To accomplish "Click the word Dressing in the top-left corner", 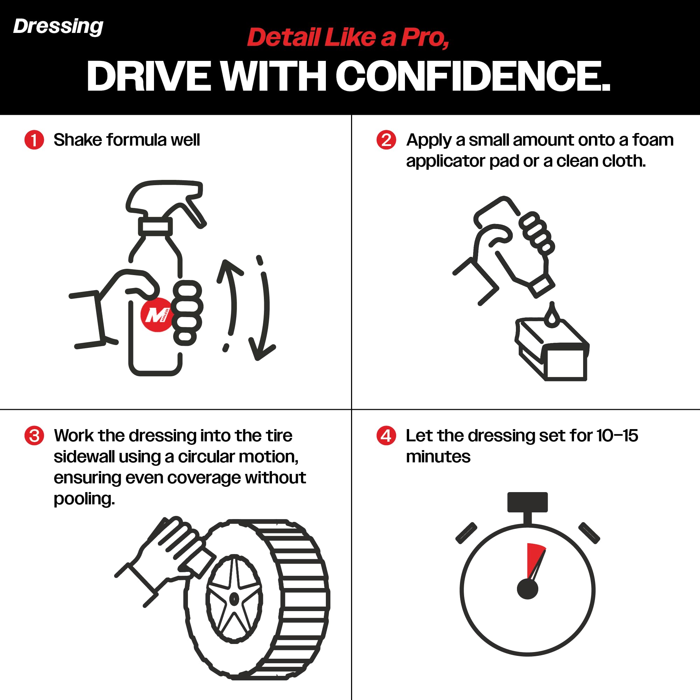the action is [58, 27].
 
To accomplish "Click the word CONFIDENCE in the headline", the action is [472, 76].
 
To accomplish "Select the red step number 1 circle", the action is [34, 140].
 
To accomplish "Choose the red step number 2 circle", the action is [386, 140].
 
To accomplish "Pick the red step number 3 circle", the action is [34, 435].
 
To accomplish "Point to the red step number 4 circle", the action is [386, 435].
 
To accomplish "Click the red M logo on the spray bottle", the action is [156, 315].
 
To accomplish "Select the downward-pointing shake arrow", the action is [264, 308].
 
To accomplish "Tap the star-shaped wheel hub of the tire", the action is [234, 598].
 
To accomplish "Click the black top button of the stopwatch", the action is [527, 502].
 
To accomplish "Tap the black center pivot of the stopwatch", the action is [527, 589].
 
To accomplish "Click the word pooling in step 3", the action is [84, 500].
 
